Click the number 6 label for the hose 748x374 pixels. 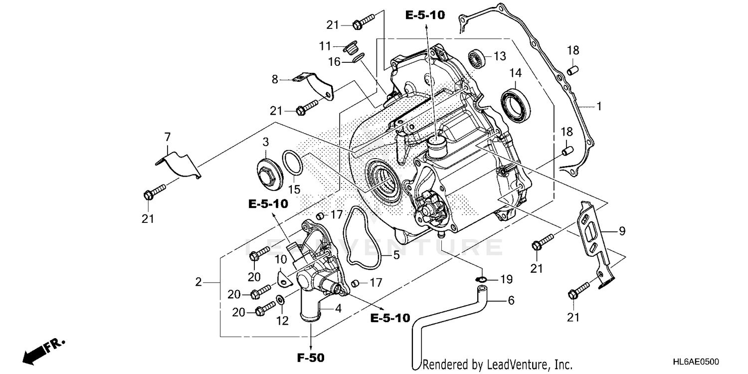pos(511,301)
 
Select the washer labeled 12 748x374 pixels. pos(280,300)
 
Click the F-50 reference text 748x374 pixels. pos(311,358)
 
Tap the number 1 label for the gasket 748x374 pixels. pos(599,106)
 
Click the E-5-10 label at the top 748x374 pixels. pos(424,15)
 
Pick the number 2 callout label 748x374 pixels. pos(198,282)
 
